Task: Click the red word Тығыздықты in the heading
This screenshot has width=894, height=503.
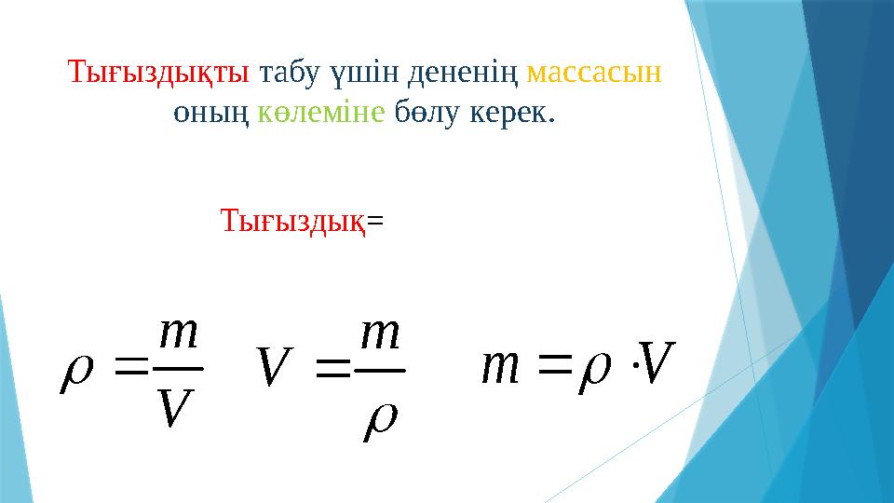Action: click(158, 74)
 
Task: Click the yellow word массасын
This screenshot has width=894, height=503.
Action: click(594, 74)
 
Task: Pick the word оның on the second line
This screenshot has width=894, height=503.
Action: click(211, 114)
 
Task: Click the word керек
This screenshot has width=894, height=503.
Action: click(511, 114)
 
